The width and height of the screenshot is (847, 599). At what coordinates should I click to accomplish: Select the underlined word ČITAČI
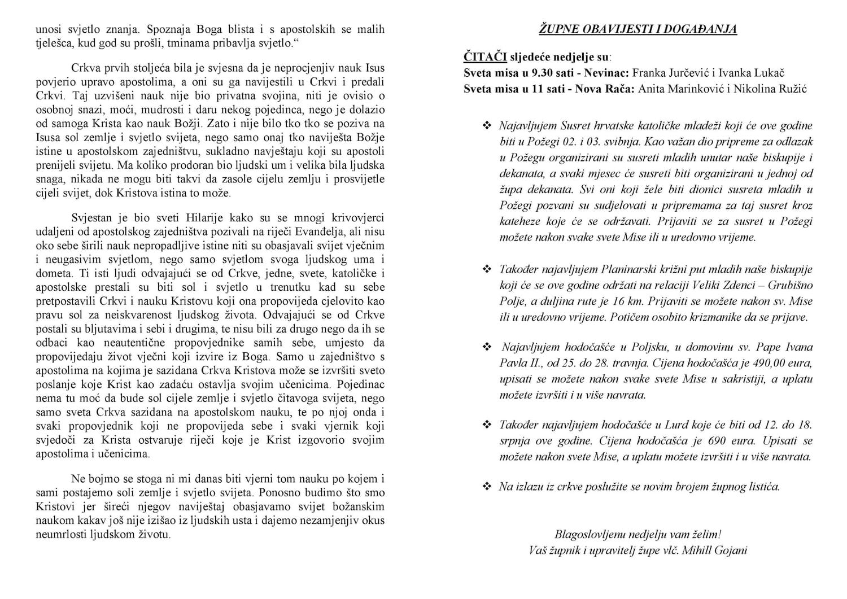coord(484,57)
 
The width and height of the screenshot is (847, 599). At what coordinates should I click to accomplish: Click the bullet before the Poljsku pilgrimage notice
coord(487,347)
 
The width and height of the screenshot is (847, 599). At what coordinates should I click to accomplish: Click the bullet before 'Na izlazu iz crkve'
coord(487,486)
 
